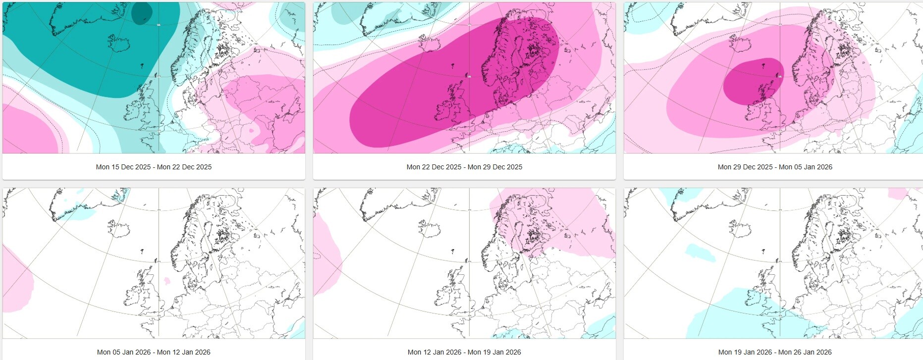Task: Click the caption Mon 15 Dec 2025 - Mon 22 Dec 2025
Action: pyautogui.click(x=154, y=167)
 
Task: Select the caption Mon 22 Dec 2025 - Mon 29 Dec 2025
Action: pyautogui.click(x=464, y=167)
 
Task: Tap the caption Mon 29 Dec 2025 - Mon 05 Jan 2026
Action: pyautogui.click(x=775, y=167)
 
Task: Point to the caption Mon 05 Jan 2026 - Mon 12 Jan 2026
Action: pyautogui.click(x=154, y=352)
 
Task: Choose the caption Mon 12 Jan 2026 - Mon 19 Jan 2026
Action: pyautogui.click(x=464, y=352)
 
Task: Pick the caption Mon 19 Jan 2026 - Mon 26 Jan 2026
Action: pyautogui.click(x=775, y=352)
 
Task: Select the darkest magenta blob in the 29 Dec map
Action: pyautogui.click(x=753, y=82)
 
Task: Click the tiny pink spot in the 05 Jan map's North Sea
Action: pyautogui.click(x=167, y=281)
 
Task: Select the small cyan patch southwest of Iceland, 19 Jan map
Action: pyautogui.click(x=700, y=253)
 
